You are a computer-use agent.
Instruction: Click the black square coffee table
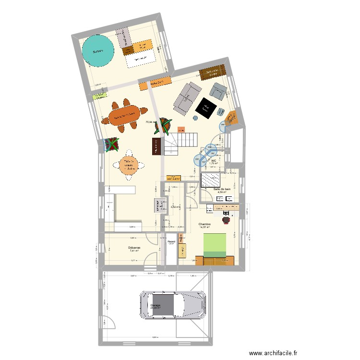click(207, 108)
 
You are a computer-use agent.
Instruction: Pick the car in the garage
click(173, 304)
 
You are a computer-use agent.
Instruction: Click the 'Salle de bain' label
click(221, 190)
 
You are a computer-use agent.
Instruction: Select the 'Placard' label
click(171, 241)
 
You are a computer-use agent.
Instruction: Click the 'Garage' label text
click(156, 305)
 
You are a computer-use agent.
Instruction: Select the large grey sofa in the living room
click(187, 97)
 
